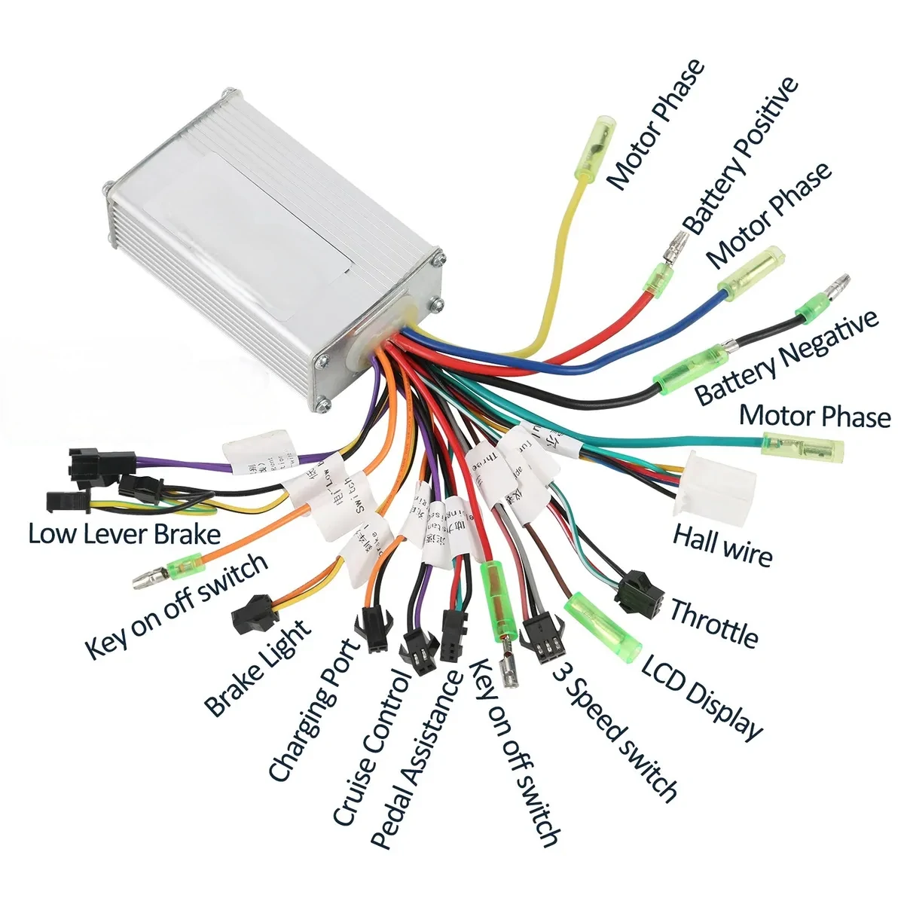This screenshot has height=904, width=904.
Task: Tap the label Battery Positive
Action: pyautogui.click(x=741, y=154)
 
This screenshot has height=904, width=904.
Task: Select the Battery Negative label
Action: pyautogui.click(x=786, y=358)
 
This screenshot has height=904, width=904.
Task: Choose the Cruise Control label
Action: pyautogui.click(x=374, y=746)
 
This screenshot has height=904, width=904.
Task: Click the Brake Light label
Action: pyautogui.click(x=258, y=667)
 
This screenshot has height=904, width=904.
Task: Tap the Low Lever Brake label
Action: pyautogui.click(x=124, y=534)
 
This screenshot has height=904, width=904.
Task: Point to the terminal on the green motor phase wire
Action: pyautogui.click(x=803, y=448)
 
